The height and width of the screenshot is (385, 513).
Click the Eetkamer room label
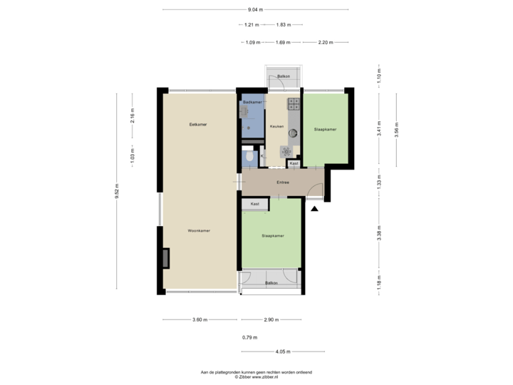point(188,125)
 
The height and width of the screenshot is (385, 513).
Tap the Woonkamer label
point(198,231)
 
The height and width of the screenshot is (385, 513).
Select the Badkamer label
point(252,103)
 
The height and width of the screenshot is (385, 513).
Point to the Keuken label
point(276,126)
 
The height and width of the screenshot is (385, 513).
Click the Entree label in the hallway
point(282,182)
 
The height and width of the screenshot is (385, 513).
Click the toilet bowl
point(248,155)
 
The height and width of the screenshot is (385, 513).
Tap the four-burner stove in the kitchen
point(293,104)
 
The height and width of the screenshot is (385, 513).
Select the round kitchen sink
point(292,131)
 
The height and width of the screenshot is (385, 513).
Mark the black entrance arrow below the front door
point(314,207)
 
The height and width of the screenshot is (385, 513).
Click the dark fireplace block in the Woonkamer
point(166,257)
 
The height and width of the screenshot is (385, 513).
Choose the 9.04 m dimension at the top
point(255,10)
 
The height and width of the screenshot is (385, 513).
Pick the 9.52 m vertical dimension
point(117,191)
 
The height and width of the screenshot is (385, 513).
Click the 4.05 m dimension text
point(282,351)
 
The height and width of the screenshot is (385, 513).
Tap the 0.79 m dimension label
point(249,337)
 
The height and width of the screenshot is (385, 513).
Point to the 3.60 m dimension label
point(200,319)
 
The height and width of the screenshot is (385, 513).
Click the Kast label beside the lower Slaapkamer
point(254,205)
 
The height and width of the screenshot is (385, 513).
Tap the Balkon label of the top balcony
point(284,76)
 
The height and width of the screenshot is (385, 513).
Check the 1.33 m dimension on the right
point(379,183)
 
